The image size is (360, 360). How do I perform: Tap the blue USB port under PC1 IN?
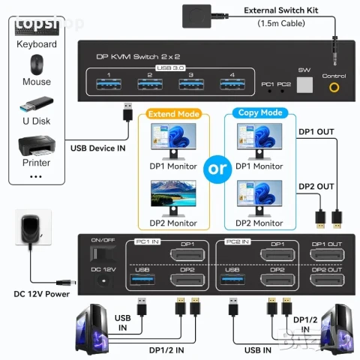143,279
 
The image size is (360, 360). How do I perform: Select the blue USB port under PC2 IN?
232,279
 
